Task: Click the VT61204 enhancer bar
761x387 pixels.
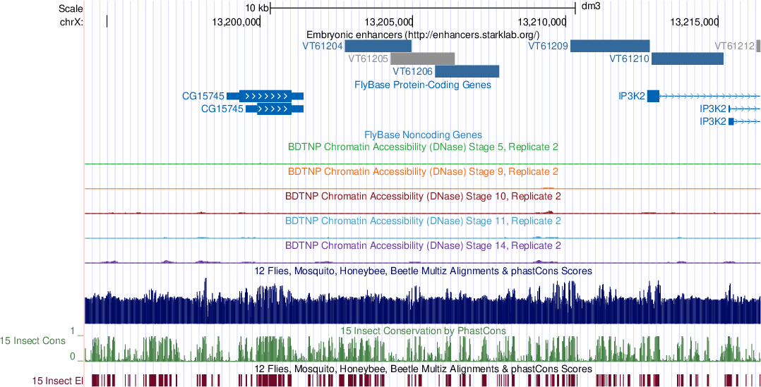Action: [x=378, y=46]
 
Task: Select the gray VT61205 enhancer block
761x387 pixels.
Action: [x=423, y=59]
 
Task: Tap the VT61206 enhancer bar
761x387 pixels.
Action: [x=467, y=71]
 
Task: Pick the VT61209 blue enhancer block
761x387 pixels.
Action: [x=610, y=46]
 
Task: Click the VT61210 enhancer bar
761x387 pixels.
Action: [x=687, y=59]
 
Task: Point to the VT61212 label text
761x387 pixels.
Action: [x=734, y=46]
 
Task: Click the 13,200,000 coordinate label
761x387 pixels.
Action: [x=236, y=21]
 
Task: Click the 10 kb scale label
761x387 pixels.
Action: [x=256, y=8]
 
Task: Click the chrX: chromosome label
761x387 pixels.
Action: [x=71, y=21]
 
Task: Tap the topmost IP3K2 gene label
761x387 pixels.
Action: [x=631, y=97]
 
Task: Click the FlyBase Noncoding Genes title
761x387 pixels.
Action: [x=423, y=135]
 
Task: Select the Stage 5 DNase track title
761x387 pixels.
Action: [x=423, y=147]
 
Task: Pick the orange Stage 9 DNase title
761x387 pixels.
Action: [x=423, y=171]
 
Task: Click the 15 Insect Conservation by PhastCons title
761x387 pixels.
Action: [x=423, y=331]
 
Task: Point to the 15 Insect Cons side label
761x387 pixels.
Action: [x=34, y=341]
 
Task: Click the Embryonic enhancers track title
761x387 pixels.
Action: [x=423, y=34]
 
